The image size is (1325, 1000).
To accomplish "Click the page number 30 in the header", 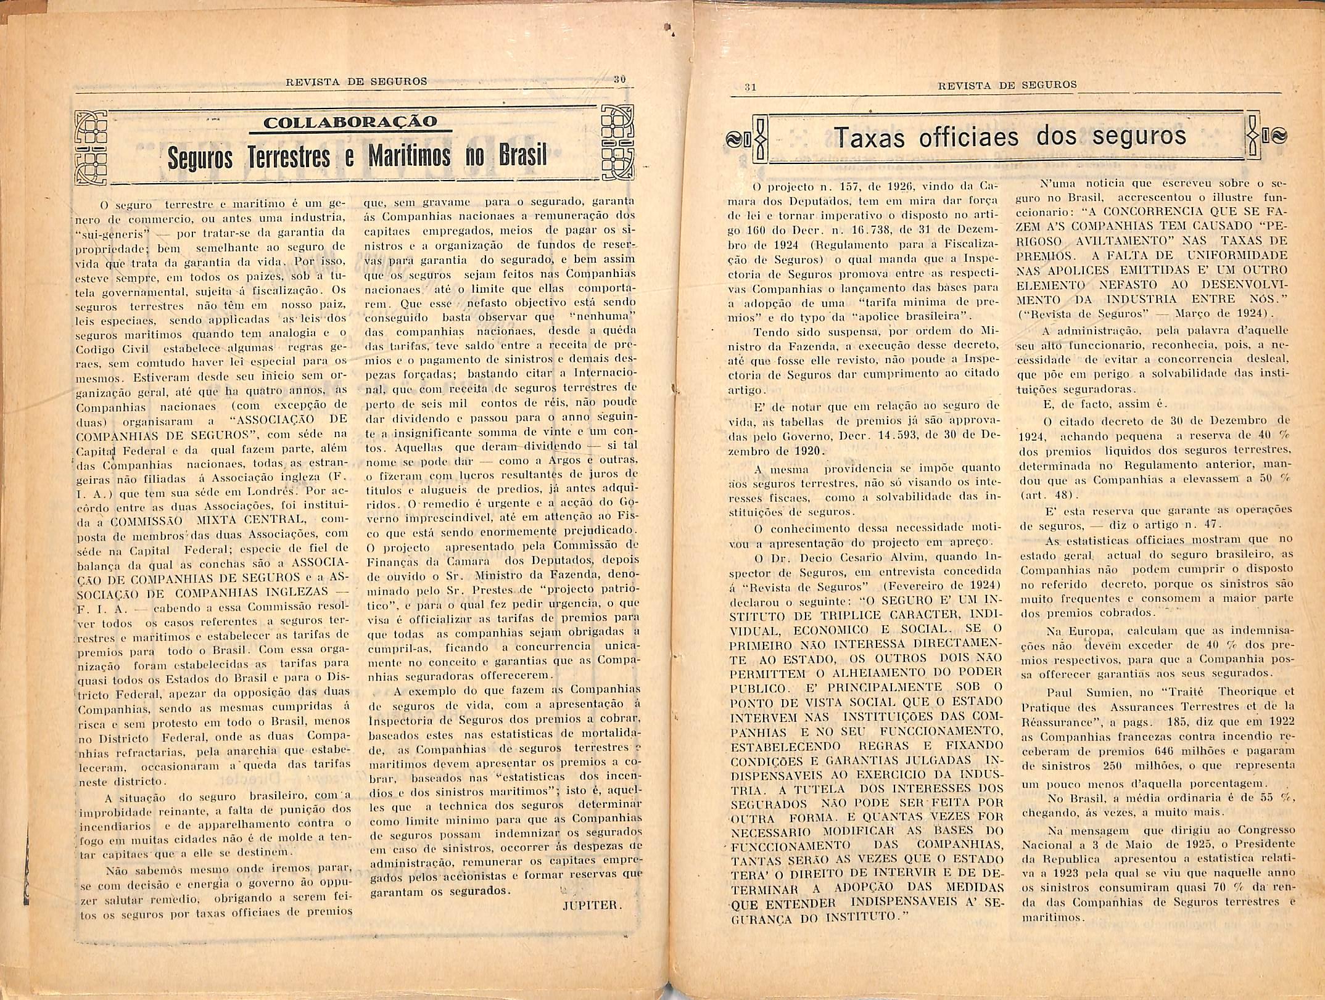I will coord(620,80).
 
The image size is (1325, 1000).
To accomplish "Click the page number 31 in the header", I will coord(750,87).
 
